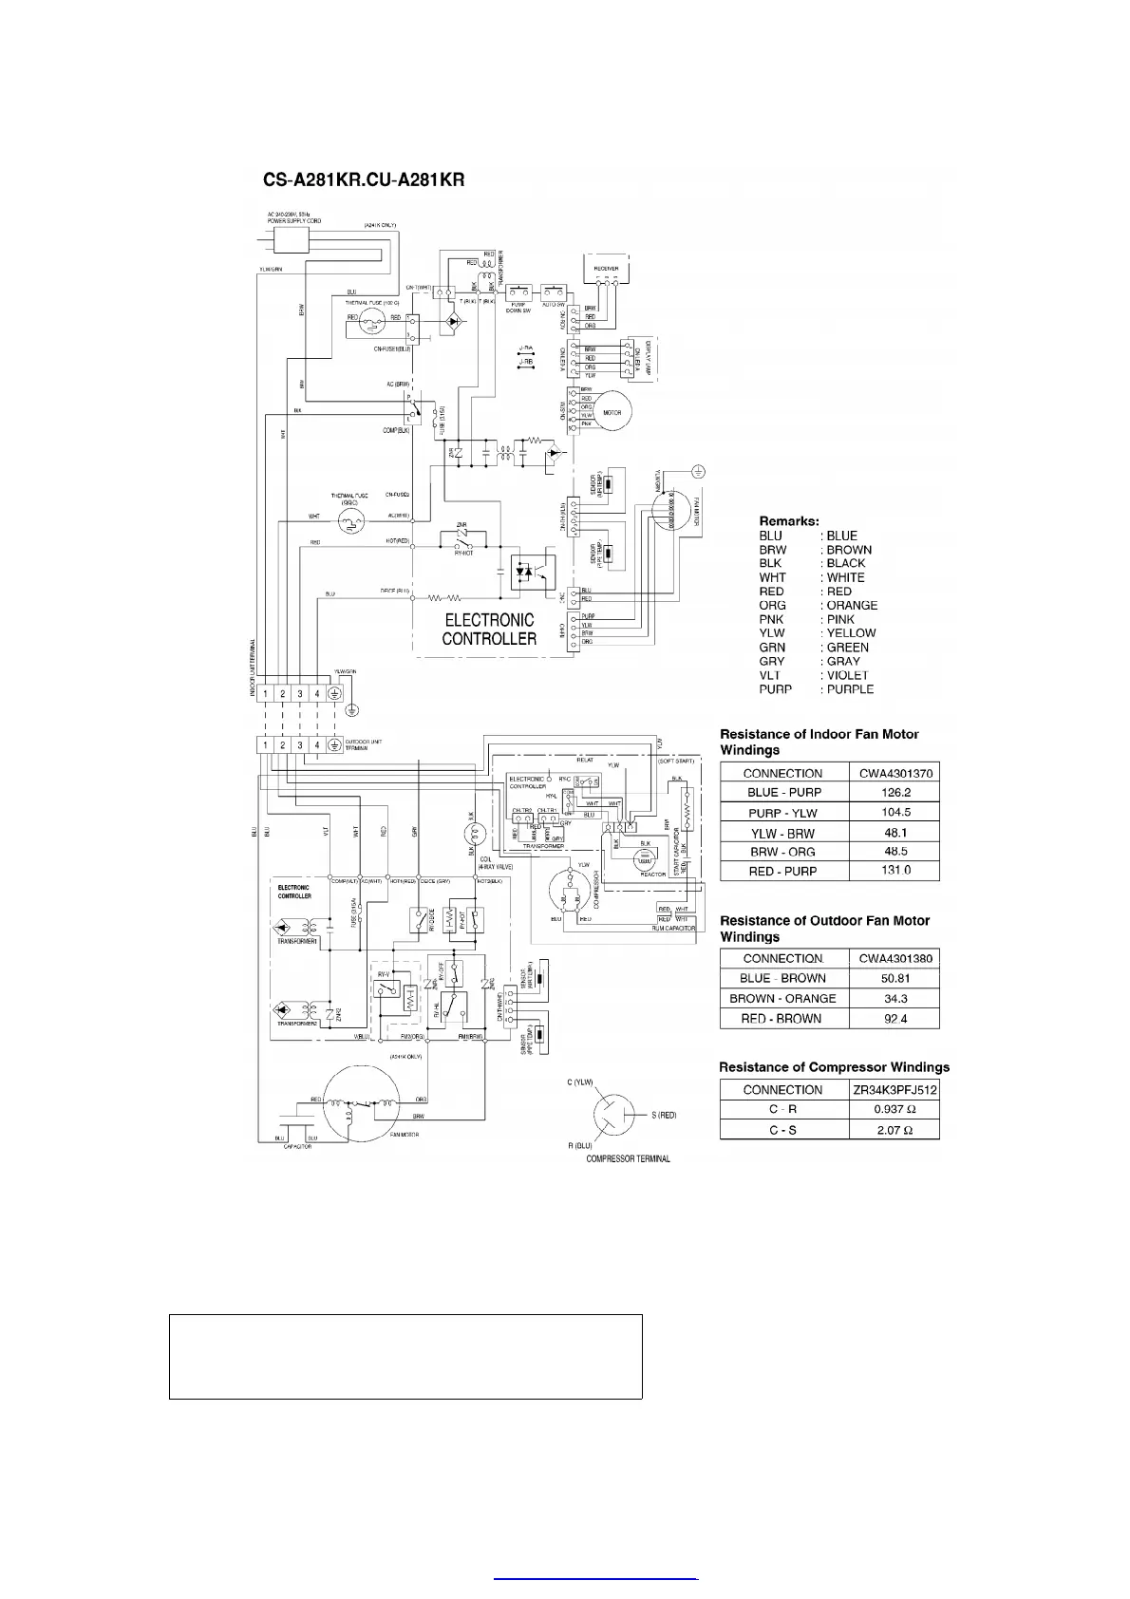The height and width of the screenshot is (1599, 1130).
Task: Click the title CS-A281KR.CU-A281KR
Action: (364, 179)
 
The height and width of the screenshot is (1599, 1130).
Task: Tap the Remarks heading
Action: (789, 521)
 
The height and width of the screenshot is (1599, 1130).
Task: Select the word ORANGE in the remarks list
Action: (852, 605)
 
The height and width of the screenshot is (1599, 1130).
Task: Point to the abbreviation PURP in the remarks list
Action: (776, 689)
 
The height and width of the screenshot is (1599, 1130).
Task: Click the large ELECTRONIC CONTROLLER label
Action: (489, 629)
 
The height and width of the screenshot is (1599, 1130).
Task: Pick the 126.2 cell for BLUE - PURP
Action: (895, 792)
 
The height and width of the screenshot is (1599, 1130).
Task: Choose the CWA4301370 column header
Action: (895, 773)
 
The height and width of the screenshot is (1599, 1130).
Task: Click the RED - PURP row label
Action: (782, 871)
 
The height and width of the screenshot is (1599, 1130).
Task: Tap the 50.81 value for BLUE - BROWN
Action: (895, 978)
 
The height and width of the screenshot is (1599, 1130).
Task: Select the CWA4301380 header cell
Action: (895, 958)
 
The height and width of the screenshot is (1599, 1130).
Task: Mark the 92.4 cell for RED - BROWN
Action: (895, 1019)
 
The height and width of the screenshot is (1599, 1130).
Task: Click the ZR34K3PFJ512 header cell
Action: (895, 1089)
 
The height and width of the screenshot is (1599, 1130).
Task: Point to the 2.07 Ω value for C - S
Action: (895, 1130)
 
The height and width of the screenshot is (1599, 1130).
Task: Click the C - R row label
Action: (782, 1109)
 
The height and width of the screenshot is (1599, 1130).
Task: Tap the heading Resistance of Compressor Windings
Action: (834, 1067)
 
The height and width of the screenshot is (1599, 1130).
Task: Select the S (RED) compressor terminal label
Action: (663, 1115)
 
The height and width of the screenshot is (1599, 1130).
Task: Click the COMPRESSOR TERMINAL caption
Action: (628, 1158)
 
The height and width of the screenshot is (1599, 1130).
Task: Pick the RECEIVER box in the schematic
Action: (607, 270)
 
